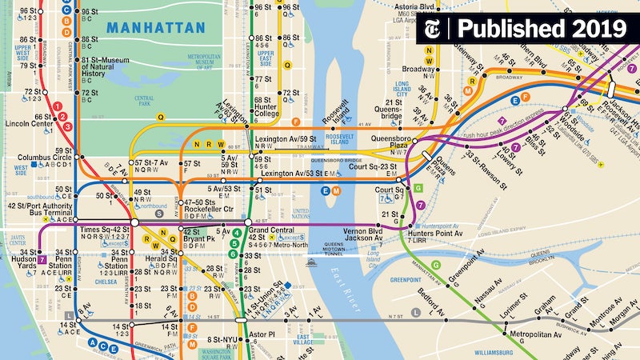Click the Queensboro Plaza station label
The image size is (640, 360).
tap(390, 142)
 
